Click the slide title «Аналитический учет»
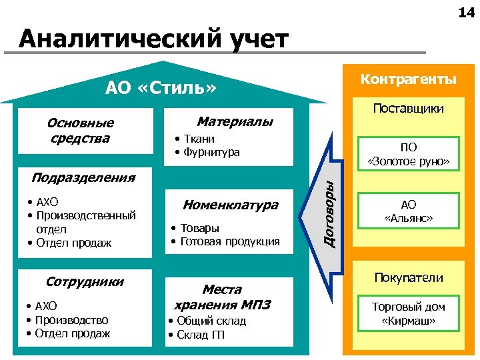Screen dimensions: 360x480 [x=153, y=39]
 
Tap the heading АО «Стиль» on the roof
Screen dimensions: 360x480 [x=161, y=88]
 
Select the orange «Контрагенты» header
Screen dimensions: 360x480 [x=408, y=79]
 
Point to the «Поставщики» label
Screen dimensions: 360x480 [x=409, y=108]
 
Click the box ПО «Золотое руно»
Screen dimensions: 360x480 [x=409, y=155]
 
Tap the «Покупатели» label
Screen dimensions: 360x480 [x=409, y=277]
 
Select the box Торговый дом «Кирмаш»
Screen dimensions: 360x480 [x=409, y=313]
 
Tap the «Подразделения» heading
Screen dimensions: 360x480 [x=83, y=177]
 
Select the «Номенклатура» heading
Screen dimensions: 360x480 [x=230, y=205]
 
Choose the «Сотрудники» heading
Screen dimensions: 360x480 [x=85, y=281]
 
